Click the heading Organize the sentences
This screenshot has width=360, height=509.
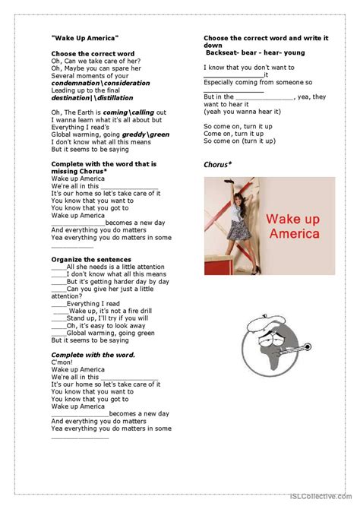[x=87, y=259]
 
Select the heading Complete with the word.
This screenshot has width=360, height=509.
[x=93, y=355]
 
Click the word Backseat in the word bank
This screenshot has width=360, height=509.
[x=222, y=52]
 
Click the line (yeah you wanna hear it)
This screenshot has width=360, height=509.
[x=240, y=112]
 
